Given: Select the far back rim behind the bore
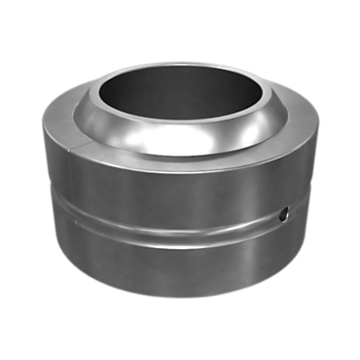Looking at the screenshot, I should tap(180, 65).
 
